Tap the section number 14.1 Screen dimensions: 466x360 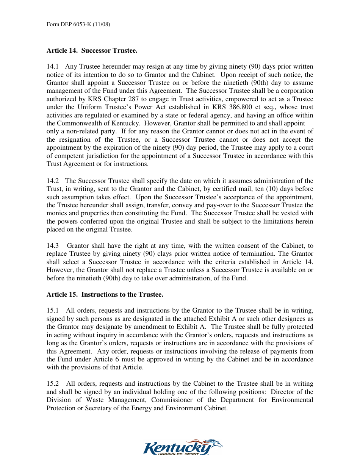(x=52, y=67)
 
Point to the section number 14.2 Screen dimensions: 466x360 (x=52, y=181)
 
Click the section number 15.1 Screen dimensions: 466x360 (x=52, y=311)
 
